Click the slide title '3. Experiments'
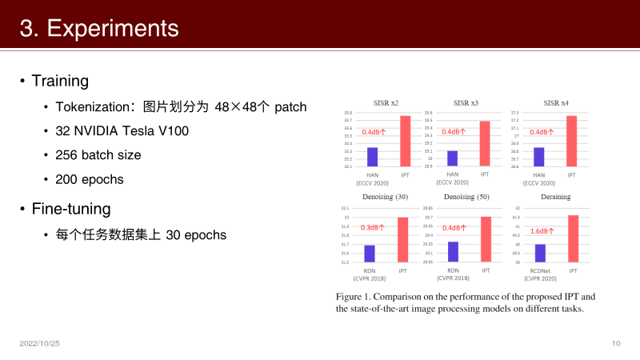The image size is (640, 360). pyautogui.click(x=99, y=29)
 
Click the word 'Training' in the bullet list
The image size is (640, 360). pyautogui.click(x=60, y=81)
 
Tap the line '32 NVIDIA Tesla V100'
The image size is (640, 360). pyautogui.click(x=122, y=130)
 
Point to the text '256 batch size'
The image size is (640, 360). pyautogui.click(x=98, y=155)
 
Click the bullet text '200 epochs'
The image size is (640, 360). pyautogui.click(x=90, y=179)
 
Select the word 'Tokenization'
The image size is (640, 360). pyautogui.click(x=92, y=106)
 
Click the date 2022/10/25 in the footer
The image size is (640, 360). pyautogui.click(x=40, y=343)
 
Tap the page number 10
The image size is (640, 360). pyautogui.click(x=615, y=343)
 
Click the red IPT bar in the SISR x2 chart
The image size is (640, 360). pyautogui.click(x=405, y=142)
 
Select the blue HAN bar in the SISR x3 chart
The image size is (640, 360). pyautogui.click(x=453, y=158)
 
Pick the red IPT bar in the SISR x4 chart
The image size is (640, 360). pyautogui.click(x=571, y=142)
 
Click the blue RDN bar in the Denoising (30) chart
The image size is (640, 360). pyautogui.click(x=370, y=254)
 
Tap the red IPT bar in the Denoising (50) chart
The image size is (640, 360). pyautogui.click(x=486, y=239)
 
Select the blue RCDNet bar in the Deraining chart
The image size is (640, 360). pyautogui.click(x=540, y=253)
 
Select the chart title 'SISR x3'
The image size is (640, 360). pyautogui.click(x=466, y=103)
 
